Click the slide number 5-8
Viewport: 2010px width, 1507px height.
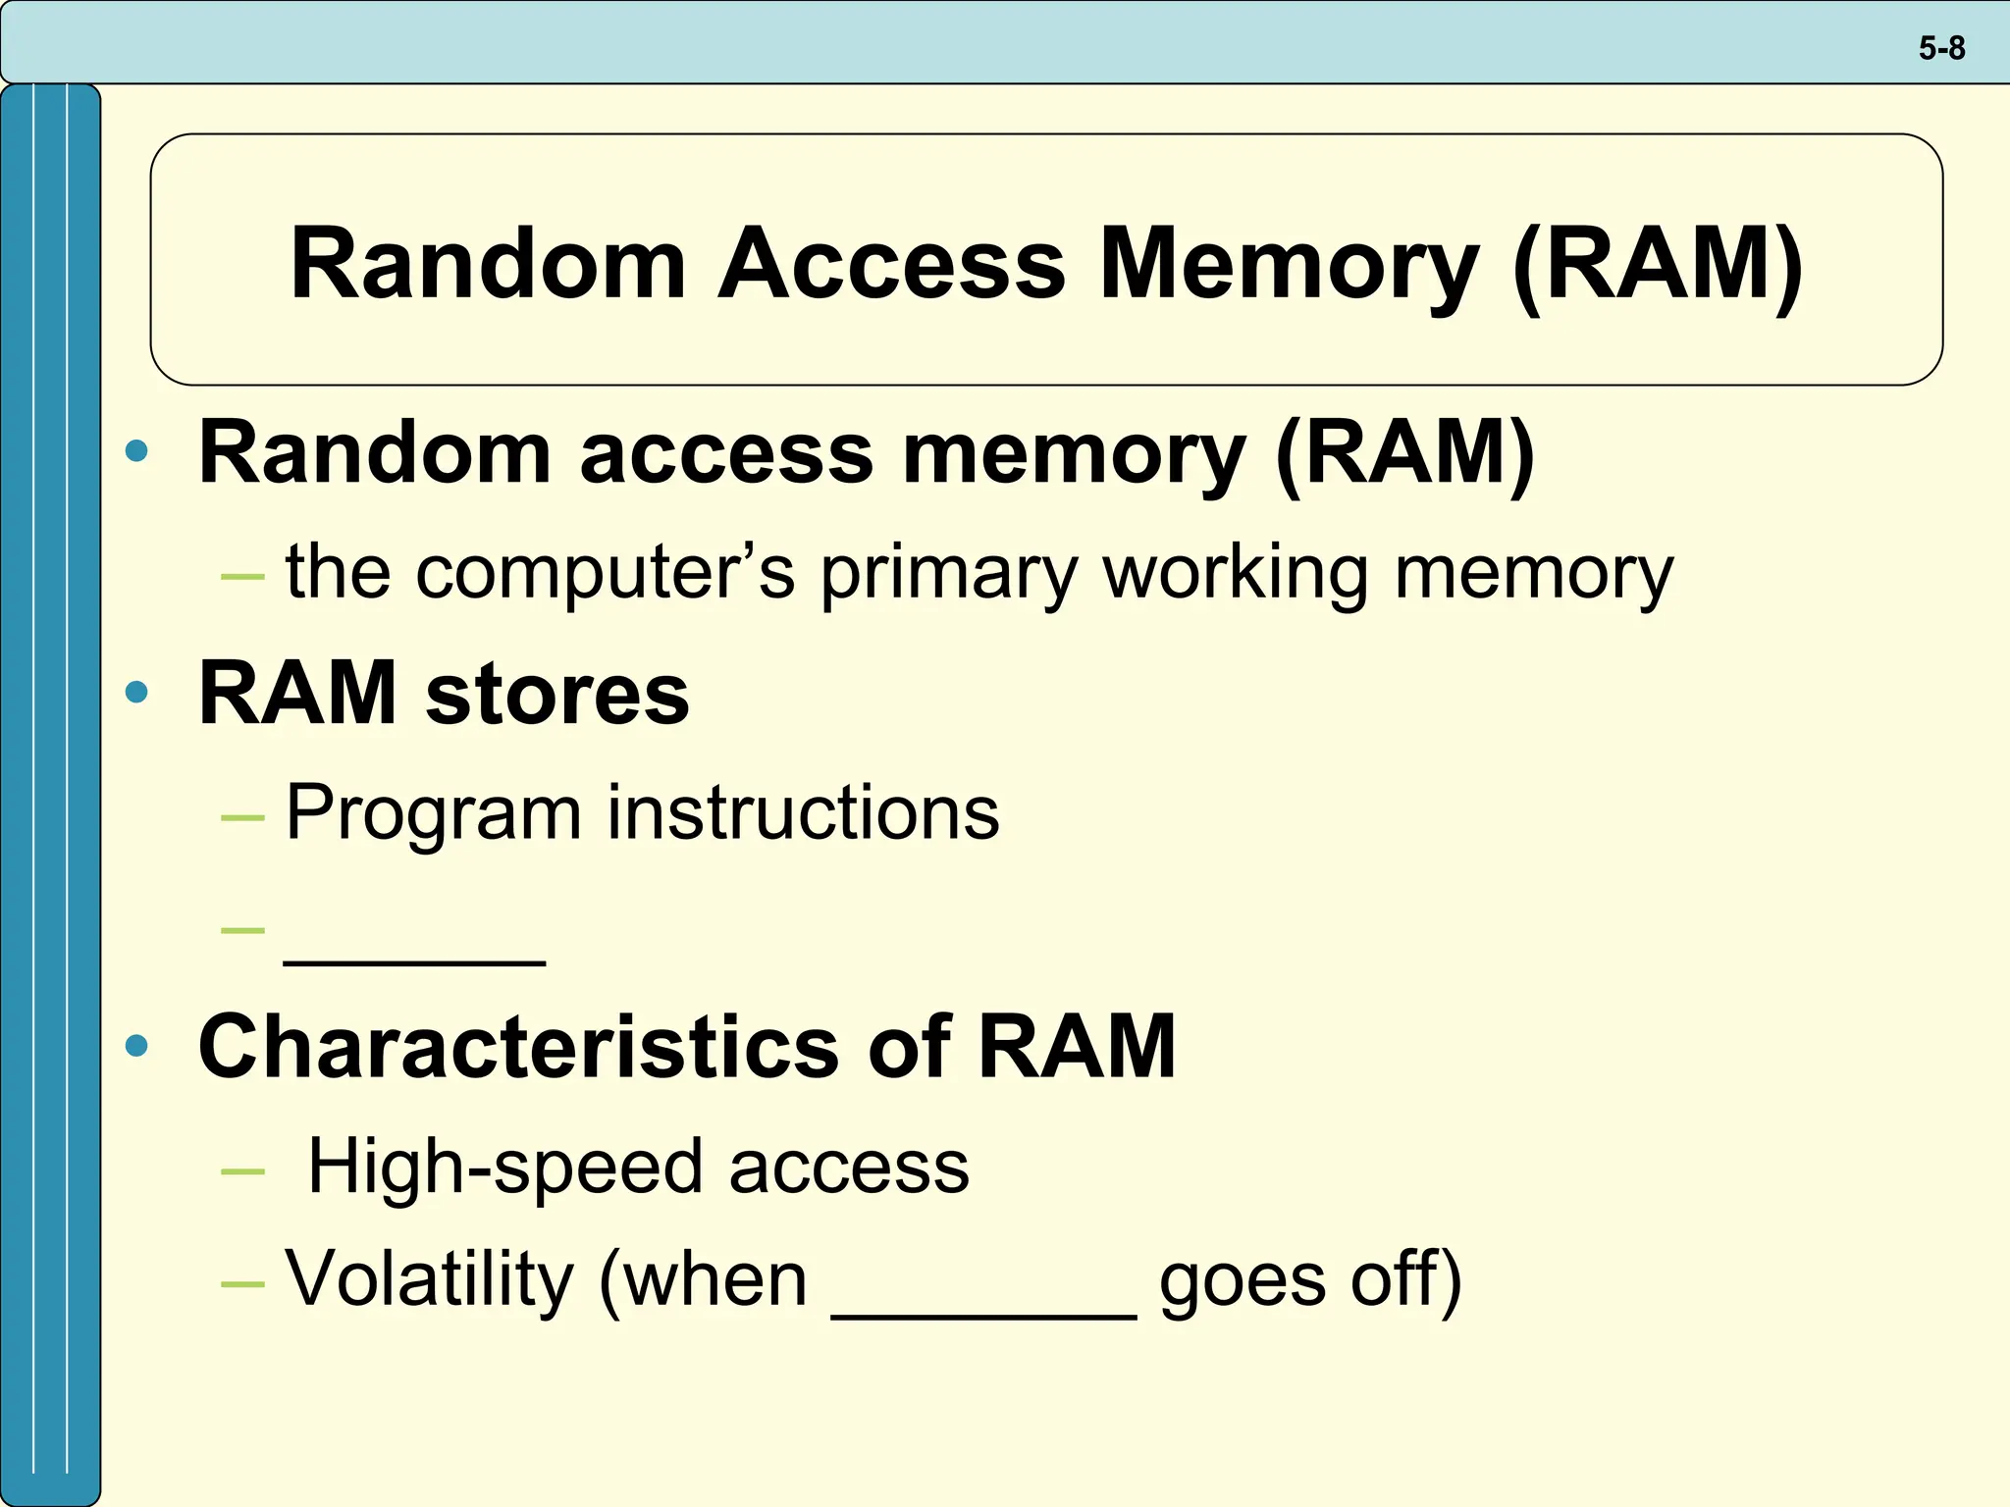[x=1941, y=48]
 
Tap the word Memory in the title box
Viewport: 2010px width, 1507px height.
[x=1288, y=265]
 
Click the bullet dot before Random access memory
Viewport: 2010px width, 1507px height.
[x=137, y=451]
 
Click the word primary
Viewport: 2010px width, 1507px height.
[x=949, y=574]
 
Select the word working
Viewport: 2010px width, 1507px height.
[x=1236, y=574]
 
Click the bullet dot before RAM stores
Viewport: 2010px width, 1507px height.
[x=137, y=692]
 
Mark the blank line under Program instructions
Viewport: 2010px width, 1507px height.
[x=414, y=961]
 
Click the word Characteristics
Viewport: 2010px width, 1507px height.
[x=519, y=1046]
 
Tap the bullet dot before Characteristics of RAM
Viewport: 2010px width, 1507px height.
[x=137, y=1046]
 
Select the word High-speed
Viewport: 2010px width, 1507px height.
[x=504, y=1168]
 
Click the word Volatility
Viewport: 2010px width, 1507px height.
[x=430, y=1280]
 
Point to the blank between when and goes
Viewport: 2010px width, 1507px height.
[x=983, y=1313]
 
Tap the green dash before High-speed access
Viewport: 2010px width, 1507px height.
[x=242, y=1170]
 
